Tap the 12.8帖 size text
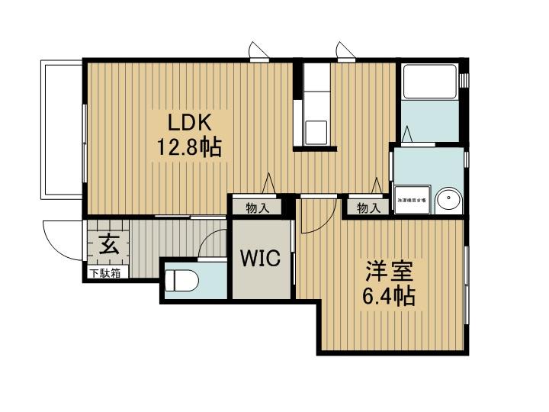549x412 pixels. pos(190,146)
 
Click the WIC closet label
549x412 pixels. pos(261,259)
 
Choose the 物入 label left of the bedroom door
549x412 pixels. pos(257,208)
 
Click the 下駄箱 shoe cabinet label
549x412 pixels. pos(106,272)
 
